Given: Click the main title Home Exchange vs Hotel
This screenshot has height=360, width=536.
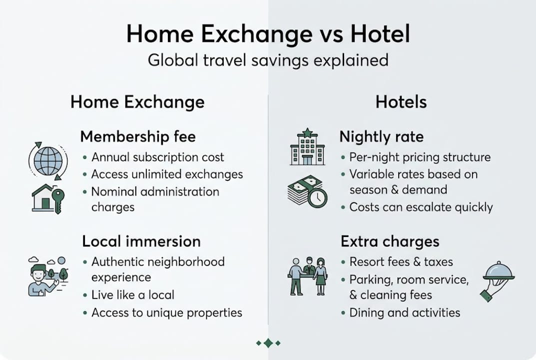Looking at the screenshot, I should coord(268,34).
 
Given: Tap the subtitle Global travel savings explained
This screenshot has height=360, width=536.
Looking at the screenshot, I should coord(268,60).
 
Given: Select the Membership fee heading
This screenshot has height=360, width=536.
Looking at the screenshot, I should coord(138,136).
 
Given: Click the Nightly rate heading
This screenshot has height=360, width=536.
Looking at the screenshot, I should coord(381,136).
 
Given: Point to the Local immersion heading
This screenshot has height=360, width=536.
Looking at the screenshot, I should coord(141,241).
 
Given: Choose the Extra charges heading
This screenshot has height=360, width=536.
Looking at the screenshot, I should coord(390,241).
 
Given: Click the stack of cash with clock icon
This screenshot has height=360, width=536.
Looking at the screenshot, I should coord(307,192).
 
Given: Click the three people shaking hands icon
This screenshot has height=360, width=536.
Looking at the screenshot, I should coord(308,276).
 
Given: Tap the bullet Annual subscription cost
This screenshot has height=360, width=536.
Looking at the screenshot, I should coord(158,157).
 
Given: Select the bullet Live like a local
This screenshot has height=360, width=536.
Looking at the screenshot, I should coord(133,294).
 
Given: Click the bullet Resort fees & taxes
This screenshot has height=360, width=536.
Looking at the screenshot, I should coord(401,261).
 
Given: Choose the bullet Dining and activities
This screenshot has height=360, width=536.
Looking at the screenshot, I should coord(405,312).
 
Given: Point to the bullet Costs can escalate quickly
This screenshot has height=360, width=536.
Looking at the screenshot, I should coord(421,207).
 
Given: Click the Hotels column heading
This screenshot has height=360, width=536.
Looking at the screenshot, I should coord(401,102).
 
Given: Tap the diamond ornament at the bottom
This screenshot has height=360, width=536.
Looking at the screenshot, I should coord(268,343).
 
